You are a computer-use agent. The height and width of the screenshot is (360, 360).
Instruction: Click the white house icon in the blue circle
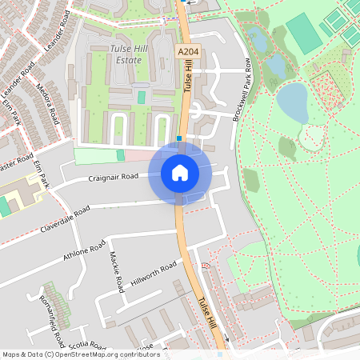click(x=180, y=172)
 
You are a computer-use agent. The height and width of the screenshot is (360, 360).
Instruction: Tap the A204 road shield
click(x=187, y=52)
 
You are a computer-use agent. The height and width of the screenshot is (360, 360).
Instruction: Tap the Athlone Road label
click(x=85, y=251)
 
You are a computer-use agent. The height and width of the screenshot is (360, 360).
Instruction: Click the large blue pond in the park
click(x=293, y=102)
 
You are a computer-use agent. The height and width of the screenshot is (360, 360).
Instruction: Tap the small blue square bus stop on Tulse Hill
click(x=180, y=138)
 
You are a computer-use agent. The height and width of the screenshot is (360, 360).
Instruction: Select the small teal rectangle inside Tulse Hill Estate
click(x=142, y=97)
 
